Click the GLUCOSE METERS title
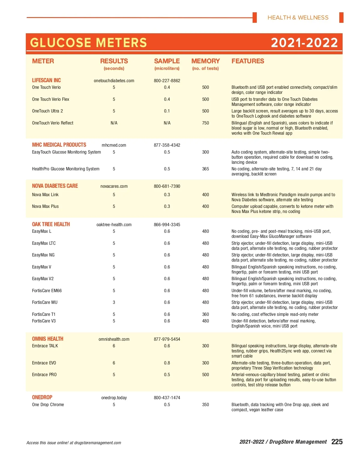click(x=88, y=43)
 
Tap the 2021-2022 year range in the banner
click(x=304, y=43)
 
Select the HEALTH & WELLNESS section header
click(x=298, y=18)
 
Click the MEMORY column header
click(x=205, y=61)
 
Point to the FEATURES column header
click(x=248, y=61)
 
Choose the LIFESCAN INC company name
click(x=46, y=80)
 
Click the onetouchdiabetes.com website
click(x=114, y=81)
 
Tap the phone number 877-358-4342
click(x=167, y=145)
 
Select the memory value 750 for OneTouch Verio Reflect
click(x=205, y=123)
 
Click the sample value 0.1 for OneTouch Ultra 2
click(x=167, y=111)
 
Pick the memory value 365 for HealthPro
click(x=205, y=169)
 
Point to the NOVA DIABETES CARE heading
click(x=55, y=186)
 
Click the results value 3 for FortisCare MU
click(x=114, y=302)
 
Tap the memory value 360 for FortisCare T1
click(x=205, y=314)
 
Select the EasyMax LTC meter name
click(x=44, y=243)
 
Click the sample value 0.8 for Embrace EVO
click(x=167, y=363)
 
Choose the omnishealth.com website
click(x=114, y=339)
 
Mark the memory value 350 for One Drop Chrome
click(x=205, y=405)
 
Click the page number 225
click(x=337, y=442)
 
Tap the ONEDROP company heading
click(x=42, y=397)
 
